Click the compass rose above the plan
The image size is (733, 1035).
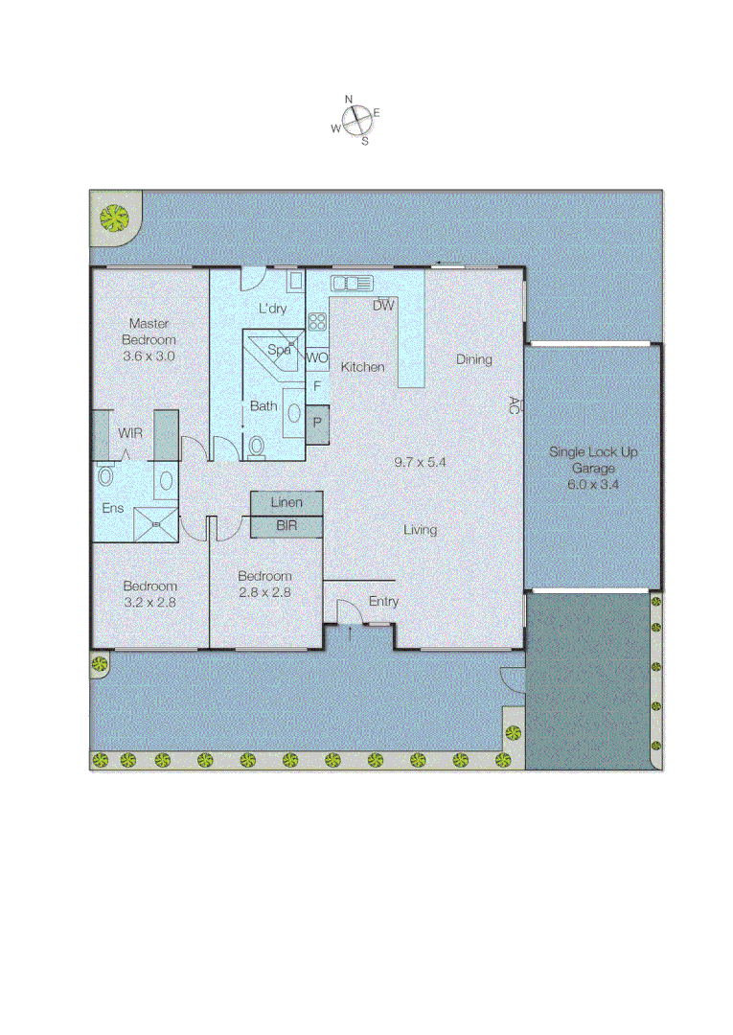pyautogui.click(x=356, y=120)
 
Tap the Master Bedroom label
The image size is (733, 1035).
pyautogui.click(x=149, y=332)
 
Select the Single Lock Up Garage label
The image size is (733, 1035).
pyautogui.click(x=592, y=460)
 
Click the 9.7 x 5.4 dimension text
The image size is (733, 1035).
pyautogui.click(x=421, y=462)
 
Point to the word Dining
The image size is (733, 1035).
pyautogui.click(x=473, y=359)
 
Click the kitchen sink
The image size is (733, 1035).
pyautogui.click(x=351, y=283)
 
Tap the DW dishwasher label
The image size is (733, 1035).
pyautogui.click(x=383, y=306)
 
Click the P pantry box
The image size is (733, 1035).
pyautogui.click(x=316, y=422)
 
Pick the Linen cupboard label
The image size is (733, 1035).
pyautogui.click(x=286, y=503)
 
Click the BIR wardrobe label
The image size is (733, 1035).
pyautogui.click(x=286, y=526)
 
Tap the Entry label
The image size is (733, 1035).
pyautogui.click(x=383, y=602)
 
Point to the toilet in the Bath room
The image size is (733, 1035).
pyautogui.click(x=256, y=447)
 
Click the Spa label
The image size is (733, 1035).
pyautogui.click(x=279, y=350)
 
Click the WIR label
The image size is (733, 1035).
pyautogui.click(x=131, y=433)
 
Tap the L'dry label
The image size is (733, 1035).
pyautogui.click(x=273, y=309)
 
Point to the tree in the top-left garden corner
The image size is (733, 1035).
pyautogui.click(x=115, y=218)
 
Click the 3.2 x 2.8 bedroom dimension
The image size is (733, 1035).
pyautogui.click(x=149, y=603)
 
